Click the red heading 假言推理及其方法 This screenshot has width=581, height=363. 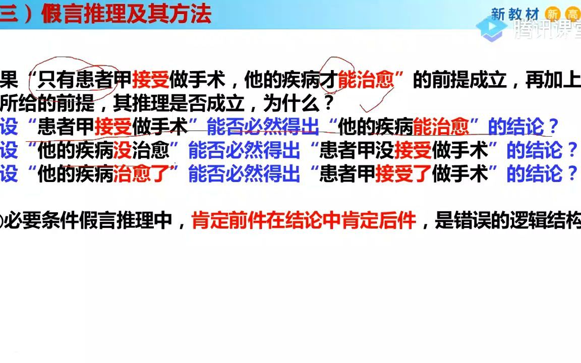point(126,15)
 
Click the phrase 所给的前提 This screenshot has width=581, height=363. point(48,104)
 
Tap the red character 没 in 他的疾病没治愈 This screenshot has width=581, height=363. point(123,150)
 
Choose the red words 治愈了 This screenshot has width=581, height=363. point(141,173)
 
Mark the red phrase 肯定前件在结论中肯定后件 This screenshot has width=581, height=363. point(304,221)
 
